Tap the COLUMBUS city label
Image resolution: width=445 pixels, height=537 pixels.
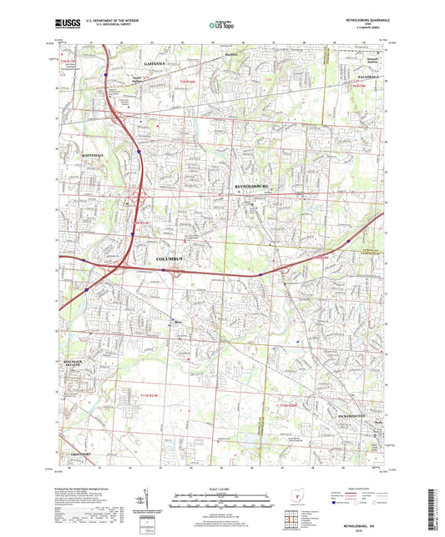(x=174, y=260)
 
